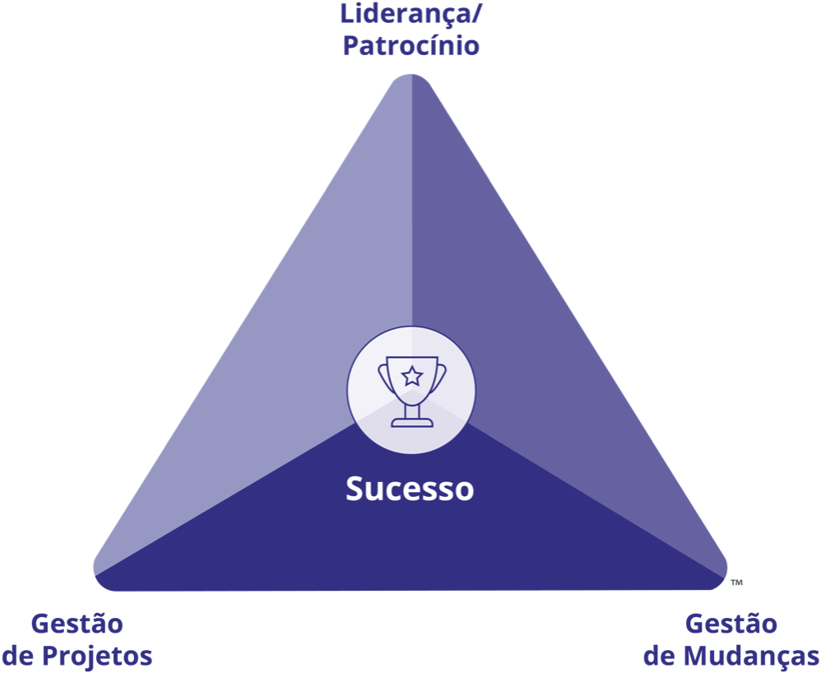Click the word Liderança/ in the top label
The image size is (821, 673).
point(410,15)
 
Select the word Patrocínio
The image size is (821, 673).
point(410,46)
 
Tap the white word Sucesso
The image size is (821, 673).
point(410,489)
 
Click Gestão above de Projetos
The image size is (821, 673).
point(77,624)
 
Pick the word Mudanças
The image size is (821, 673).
point(752,657)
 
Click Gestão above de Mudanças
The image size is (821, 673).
point(731,624)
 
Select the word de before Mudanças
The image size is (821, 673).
point(659,657)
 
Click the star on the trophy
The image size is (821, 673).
point(411,377)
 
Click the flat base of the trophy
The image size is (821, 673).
point(411,423)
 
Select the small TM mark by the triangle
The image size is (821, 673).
point(736,582)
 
